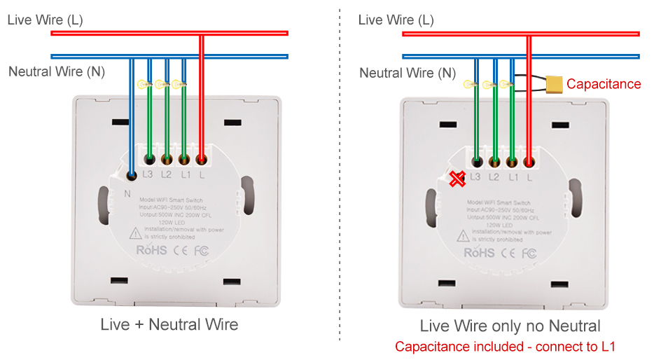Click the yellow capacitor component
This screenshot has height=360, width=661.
tap(555, 84)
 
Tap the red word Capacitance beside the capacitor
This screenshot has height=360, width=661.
tap(604, 84)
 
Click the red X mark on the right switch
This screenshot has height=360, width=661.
tap(457, 180)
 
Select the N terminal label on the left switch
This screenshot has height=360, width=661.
tap(127, 193)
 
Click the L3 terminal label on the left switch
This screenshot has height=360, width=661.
tap(148, 174)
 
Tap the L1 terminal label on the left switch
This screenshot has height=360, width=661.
tap(185, 174)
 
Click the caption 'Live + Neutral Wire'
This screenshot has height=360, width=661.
tap(169, 324)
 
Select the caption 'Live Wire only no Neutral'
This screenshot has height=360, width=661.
tap(510, 326)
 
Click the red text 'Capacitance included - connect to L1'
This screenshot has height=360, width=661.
tap(505, 347)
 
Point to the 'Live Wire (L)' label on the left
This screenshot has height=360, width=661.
tap(45, 20)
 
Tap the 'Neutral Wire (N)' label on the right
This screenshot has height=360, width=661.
tap(408, 73)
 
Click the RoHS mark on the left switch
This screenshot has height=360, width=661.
tap(151, 249)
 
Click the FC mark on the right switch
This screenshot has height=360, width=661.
tap(530, 252)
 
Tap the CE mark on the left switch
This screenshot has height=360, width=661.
tap(180, 249)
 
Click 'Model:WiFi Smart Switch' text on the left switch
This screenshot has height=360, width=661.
tap(171, 200)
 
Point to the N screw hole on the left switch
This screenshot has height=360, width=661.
tap(131, 174)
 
